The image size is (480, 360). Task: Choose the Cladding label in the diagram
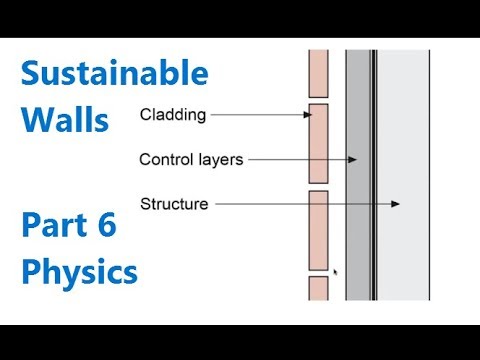(173, 115)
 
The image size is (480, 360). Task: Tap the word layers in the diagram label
(220, 159)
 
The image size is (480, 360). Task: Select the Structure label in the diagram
(174, 204)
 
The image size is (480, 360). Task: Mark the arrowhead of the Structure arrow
(396, 204)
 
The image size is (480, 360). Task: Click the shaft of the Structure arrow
(300, 204)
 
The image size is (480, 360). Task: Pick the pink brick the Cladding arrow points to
(319, 140)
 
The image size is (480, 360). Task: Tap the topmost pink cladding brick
(319, 71)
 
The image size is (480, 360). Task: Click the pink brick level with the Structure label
(319, 229)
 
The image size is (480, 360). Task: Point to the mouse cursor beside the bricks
(334, 271)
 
